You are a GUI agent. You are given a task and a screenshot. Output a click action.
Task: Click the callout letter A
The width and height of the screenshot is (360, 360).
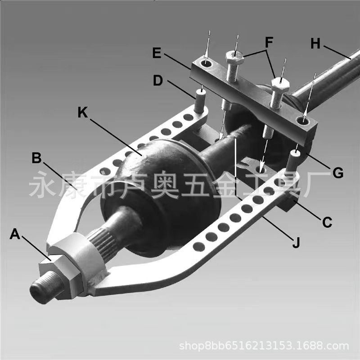click(x=15, y=234)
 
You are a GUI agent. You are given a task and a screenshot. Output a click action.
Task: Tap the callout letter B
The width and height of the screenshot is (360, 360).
click(x=37, y=158)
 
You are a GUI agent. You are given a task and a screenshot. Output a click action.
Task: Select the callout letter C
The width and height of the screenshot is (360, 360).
click(x=327, y=221)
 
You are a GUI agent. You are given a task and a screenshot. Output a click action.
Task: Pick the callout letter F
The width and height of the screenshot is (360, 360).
click(x=269, y=43)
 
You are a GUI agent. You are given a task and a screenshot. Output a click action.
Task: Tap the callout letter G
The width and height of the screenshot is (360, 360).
click(x=338, y=172)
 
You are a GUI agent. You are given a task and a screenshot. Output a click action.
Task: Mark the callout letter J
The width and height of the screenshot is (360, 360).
click(x=296, y=243)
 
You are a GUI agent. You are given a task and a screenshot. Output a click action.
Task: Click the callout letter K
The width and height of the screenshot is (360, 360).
click(x=82, y=112)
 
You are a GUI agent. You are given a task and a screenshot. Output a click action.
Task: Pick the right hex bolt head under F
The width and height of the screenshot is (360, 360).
click(x=279, y=84)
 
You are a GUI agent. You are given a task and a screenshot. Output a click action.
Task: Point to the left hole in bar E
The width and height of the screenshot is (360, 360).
click(x=207, y=64)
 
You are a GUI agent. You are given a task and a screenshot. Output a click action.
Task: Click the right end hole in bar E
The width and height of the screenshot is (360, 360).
click(x=303, y=120)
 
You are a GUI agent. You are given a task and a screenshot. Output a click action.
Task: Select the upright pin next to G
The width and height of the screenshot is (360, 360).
click(x=295, y=158)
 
